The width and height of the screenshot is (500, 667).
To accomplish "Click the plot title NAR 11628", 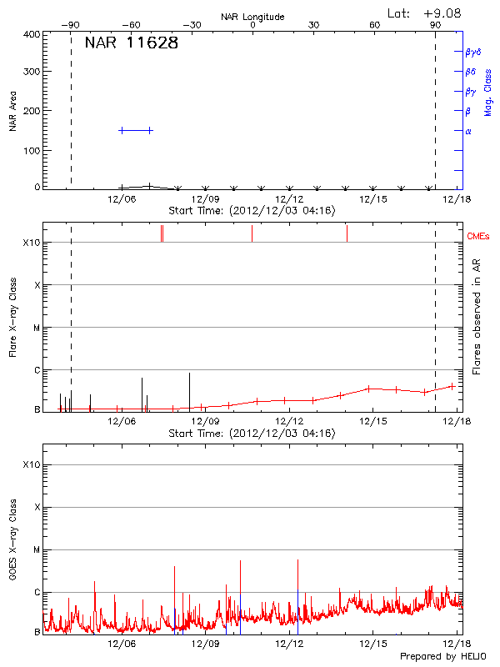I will [132, 43].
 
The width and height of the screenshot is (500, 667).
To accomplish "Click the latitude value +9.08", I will [442, 13].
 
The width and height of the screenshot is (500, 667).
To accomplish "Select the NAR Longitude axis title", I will [252, 16].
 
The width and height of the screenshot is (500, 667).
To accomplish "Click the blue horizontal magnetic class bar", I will [136, 130].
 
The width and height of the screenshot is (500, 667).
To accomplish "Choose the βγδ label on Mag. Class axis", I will [472, 52].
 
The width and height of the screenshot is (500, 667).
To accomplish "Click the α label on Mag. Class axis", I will [468, 131].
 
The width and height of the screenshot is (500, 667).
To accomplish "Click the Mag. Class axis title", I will [487, 92].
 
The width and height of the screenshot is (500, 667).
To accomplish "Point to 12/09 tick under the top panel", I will [206, 199].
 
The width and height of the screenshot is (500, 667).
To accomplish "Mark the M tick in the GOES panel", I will [37, 550].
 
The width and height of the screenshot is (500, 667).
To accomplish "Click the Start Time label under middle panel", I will [252, 434].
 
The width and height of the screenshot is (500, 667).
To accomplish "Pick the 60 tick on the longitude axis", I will [375, 25].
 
